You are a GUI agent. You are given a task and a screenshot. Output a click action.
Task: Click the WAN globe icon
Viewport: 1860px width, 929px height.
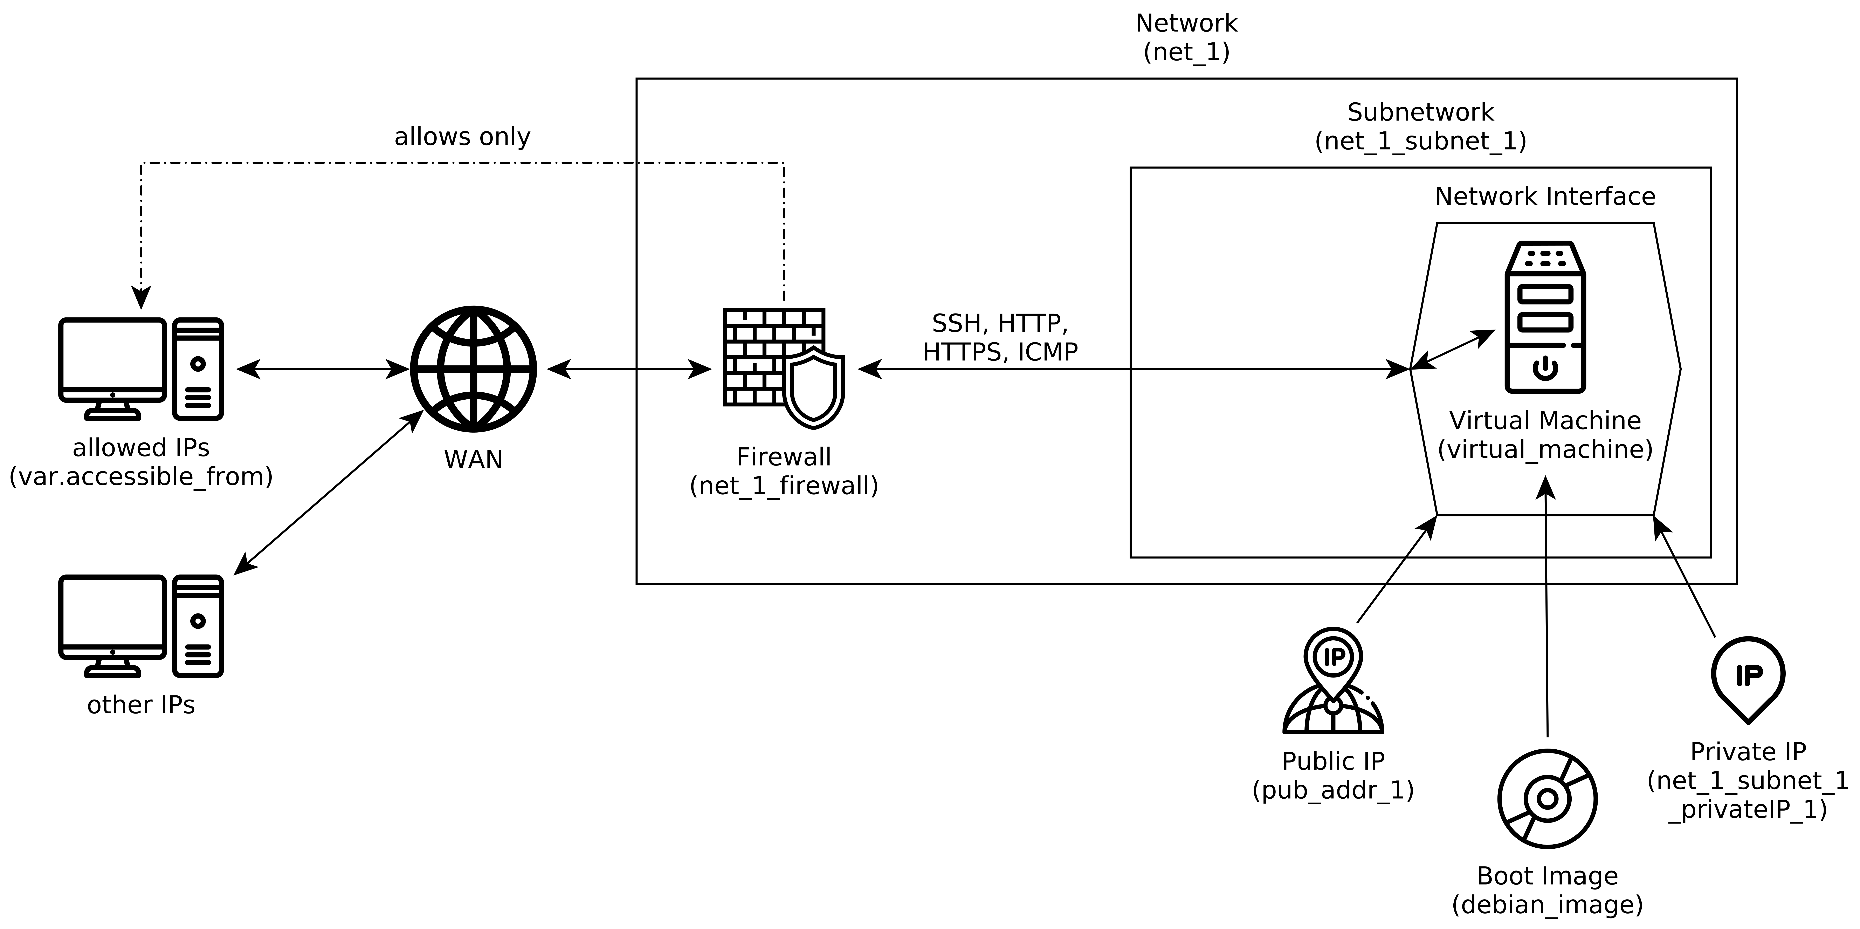click(x=473, y=369)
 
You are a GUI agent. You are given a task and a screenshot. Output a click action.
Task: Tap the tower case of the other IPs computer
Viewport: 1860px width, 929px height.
click(x=198, y=626)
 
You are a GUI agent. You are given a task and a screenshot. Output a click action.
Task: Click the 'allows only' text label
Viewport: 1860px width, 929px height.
click(x=462, y=136)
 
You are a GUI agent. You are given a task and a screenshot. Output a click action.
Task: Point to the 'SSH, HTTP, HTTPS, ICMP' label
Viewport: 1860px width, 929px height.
click(x=1000, y=337)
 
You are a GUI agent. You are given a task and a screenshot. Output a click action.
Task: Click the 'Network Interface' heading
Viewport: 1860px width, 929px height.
click(x=1544, y=196)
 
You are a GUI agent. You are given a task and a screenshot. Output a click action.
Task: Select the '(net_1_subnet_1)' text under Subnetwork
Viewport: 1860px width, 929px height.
click(x=1420, y=141)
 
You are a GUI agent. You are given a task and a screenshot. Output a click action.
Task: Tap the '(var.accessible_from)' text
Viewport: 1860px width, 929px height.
click(x=141, y=476)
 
